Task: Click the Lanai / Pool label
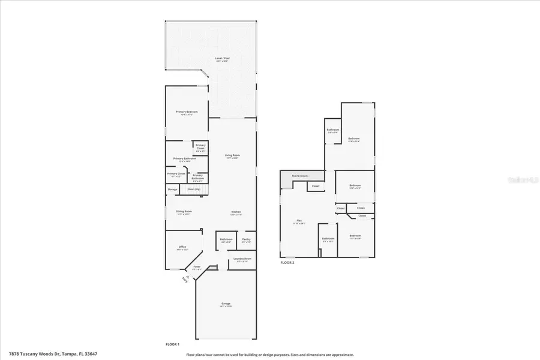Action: pyautogui.click(x=223, y=59)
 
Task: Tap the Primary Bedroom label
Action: pyautogui.click(x=187, y=112)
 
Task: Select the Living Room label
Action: pyautogui.click(x=232, y=156)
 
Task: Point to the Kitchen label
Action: pyautogui.click(x=236, y=212)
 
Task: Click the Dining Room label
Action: pyautogui.click(x=184, y=212)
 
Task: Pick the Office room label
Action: pyautogui.click(x=182, y=247)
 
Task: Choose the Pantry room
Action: pyautogui.click(x=247, y=239)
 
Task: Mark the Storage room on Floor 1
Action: pyautogui.click(x=172, y=190)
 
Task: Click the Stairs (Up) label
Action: pyautogui.click(x=193, y=189)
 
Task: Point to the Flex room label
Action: pyautogui.click(x=299, y=221)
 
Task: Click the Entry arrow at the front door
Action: pyautogui.click(x=184, y=280)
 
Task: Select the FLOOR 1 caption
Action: pyautogui.click(x=173, y=344)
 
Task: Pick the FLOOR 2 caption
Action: pyautogui.click(x=287, y=263)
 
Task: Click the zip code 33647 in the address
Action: pyautogui.click(x=90, y=354)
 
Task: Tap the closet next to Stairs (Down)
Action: pyautogui.click(x=316, y=186)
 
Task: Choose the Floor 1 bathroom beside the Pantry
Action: pyautogui.click(x=226, y=239)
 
